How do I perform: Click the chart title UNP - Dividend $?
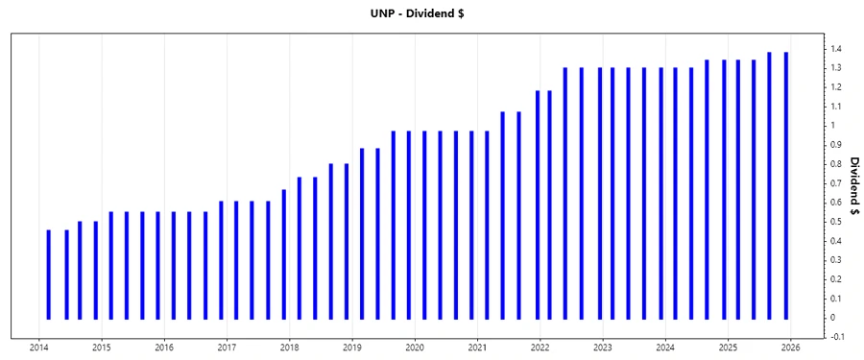[x=431, y=13]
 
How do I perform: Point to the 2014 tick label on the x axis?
[x=39, y=348]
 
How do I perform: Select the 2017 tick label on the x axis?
[x=227, y=348]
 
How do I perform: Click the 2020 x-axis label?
[x=415, y=348]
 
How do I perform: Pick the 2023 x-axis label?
[x=602, y=348]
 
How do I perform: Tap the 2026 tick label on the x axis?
[x=790, y=348]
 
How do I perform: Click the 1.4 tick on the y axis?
[x=837, y=49]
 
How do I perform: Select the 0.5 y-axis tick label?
[x=837, y=222]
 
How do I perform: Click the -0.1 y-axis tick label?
[x=838, y=337]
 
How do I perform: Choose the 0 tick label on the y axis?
[x=833, y=318]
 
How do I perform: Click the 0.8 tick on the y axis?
[x=837, y=164]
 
